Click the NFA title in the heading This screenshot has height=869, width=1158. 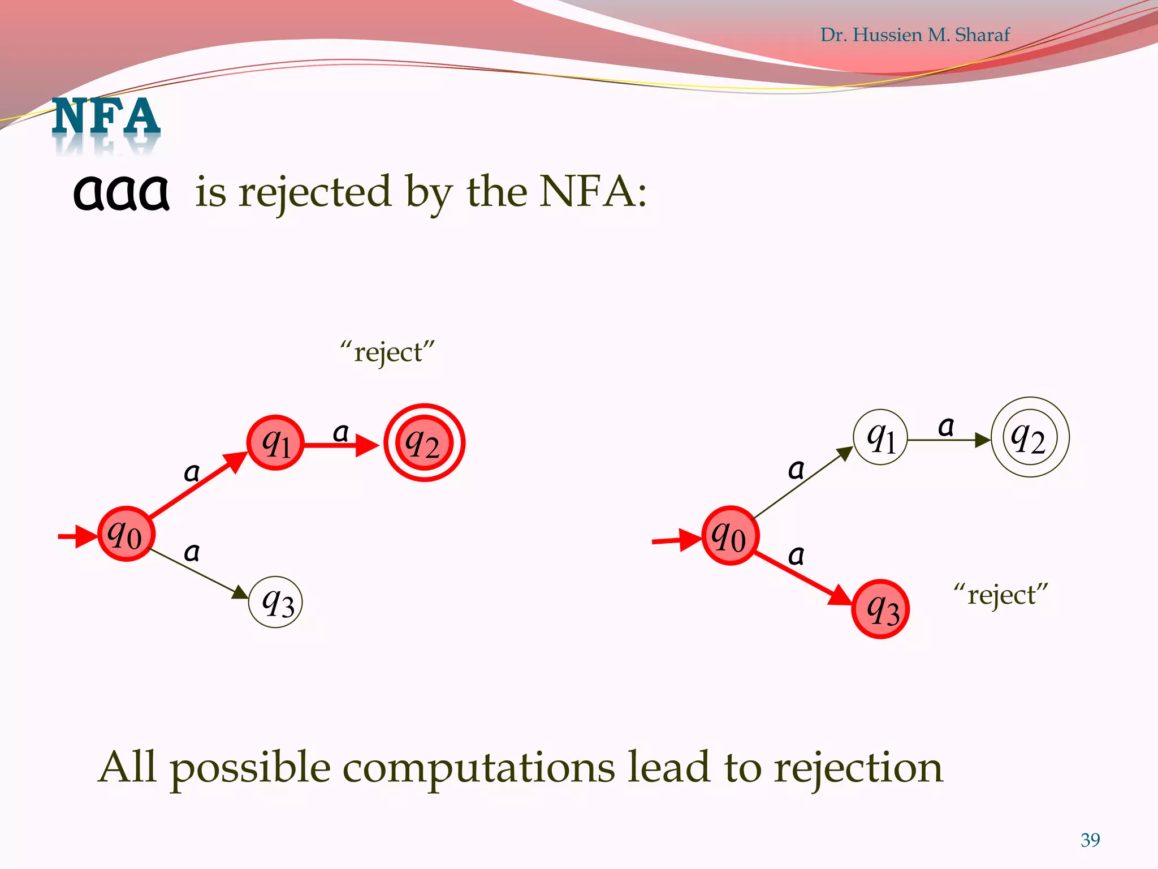click(x=106, y=117)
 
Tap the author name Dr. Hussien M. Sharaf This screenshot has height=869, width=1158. click(x=914, y=35)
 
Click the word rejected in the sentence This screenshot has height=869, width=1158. click(x=315, y=192)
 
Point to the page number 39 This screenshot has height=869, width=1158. click(x=1090, y=840)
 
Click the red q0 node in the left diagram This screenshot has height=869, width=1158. click(x=126, y=534)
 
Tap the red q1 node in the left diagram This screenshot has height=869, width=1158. click(x=276, y=442)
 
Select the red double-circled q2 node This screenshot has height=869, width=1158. click(x=424, y=442)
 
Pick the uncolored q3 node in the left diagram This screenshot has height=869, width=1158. click(x=276, y=602)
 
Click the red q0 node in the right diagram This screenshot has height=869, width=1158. click(x=729, y=535)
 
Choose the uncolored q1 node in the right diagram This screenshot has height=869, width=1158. click(x=880, y=437)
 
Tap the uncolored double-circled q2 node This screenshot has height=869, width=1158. click(x=1030, y=437)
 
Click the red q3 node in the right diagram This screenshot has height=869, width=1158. click(x=880, y=609)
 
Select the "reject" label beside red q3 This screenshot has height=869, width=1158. click(x=1000, y=595)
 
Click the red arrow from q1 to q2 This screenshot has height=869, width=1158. click(x=339, y=446)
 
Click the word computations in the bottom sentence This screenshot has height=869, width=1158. click(x=478, y=768)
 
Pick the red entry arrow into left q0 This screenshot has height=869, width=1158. click(x=77, y=536)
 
